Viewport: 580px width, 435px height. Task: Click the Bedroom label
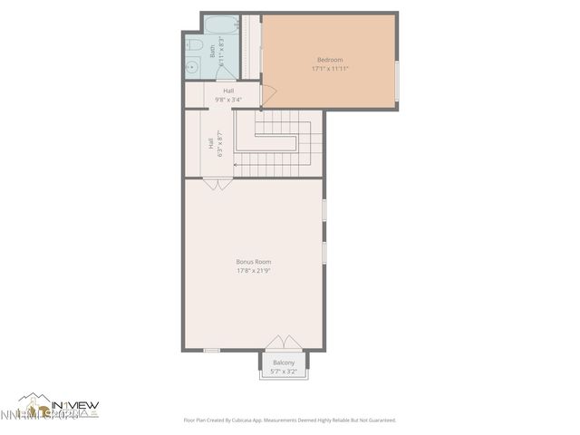pos(329,60)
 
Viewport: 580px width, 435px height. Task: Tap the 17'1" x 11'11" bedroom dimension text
pos(329,68)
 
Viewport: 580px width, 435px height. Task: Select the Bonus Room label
pos(254,262)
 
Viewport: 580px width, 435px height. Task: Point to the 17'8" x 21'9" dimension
pos(254,270)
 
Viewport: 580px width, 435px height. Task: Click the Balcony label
pos(284,362)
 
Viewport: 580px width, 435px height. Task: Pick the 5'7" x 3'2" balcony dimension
pos(284,371)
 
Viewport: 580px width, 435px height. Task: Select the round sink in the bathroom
pos(192,66)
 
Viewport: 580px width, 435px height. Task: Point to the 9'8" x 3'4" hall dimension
pos(228,100)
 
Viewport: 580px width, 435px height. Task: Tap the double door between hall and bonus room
pos(216,184)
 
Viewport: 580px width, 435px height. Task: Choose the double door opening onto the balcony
pos(284,343)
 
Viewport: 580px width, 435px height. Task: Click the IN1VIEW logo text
pos(74,405)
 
